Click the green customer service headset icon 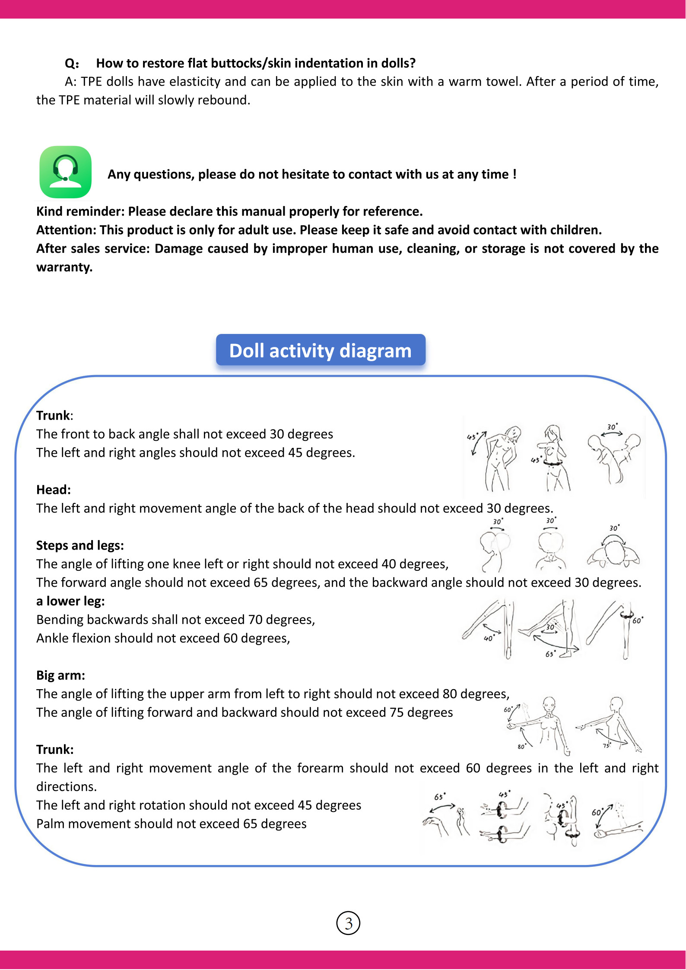pos(66,172)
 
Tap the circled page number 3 pos(348,923)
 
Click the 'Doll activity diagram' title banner pos(321,350)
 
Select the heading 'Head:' pos(54,490)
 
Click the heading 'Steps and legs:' pos(80,545)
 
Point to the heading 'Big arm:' pos(60,675)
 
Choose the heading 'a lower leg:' pos(70,601)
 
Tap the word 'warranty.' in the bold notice pos(64,267)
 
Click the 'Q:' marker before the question pos(72,64)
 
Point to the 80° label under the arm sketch pos(521,746)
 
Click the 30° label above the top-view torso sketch pos(612,427)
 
